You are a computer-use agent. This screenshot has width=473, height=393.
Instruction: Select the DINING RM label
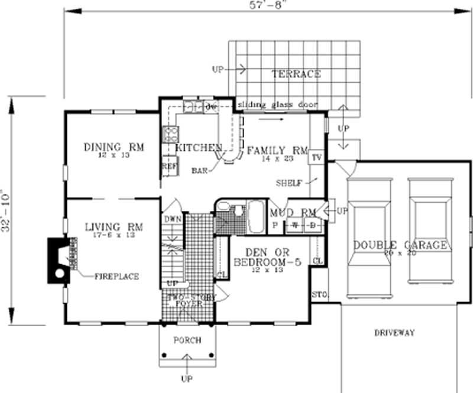(114, 147)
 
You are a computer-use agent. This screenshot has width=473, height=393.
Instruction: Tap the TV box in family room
(316, 158)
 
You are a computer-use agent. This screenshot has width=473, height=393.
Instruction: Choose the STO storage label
(318, 294)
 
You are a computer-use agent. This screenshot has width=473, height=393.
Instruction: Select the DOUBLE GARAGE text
(400, 245)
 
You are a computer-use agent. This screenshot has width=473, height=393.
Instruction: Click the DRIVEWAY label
(394, 333)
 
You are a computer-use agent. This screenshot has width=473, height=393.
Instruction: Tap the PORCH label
(187, 340)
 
